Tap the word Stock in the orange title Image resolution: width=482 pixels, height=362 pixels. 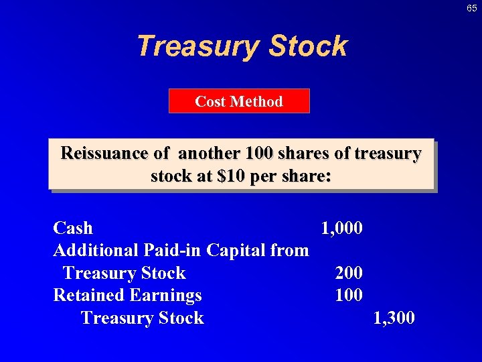[x=308, y=46]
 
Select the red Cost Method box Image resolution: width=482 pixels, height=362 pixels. [x=239, y=101]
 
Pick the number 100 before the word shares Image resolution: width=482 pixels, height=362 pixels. [x=260, y=154]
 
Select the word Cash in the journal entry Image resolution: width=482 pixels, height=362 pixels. [x=73, y=228]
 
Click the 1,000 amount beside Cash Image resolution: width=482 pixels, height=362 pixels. [x=342, y=228]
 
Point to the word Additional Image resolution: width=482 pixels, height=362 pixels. [x=96, y=250]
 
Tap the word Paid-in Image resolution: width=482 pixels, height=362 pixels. [x=173, y=250]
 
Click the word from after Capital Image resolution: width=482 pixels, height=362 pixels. [x=290, y=250]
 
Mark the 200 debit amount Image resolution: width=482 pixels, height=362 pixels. [x=349, y=273]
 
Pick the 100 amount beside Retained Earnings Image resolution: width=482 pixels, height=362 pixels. [x=349, y=295]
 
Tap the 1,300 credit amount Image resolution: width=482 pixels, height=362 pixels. [x=394, y=317]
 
